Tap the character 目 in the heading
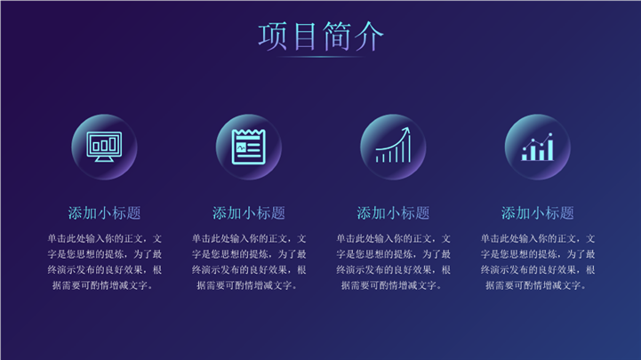tap(305, 36)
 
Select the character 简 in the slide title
tap(336, 36)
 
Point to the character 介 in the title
tap(369, 36)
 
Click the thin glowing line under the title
tap(321, 57)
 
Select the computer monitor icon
tap(104, 147)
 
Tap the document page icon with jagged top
tap(249, 147)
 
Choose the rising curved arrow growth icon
tap(393, 145)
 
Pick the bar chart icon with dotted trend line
tap(537, 147)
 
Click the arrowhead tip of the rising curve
tap(407, 127)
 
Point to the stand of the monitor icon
tap(104, 158)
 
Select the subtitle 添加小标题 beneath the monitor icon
tap(104, 213)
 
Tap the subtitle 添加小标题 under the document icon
tap(249, 213)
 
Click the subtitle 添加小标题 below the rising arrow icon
tap(393, 213)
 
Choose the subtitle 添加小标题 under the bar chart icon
tap(537, 213)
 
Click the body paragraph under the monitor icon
tap(104, 262)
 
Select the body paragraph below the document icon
tap(249, 262)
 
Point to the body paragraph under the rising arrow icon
tap(393, 262)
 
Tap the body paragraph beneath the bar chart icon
tap(537, 262)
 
